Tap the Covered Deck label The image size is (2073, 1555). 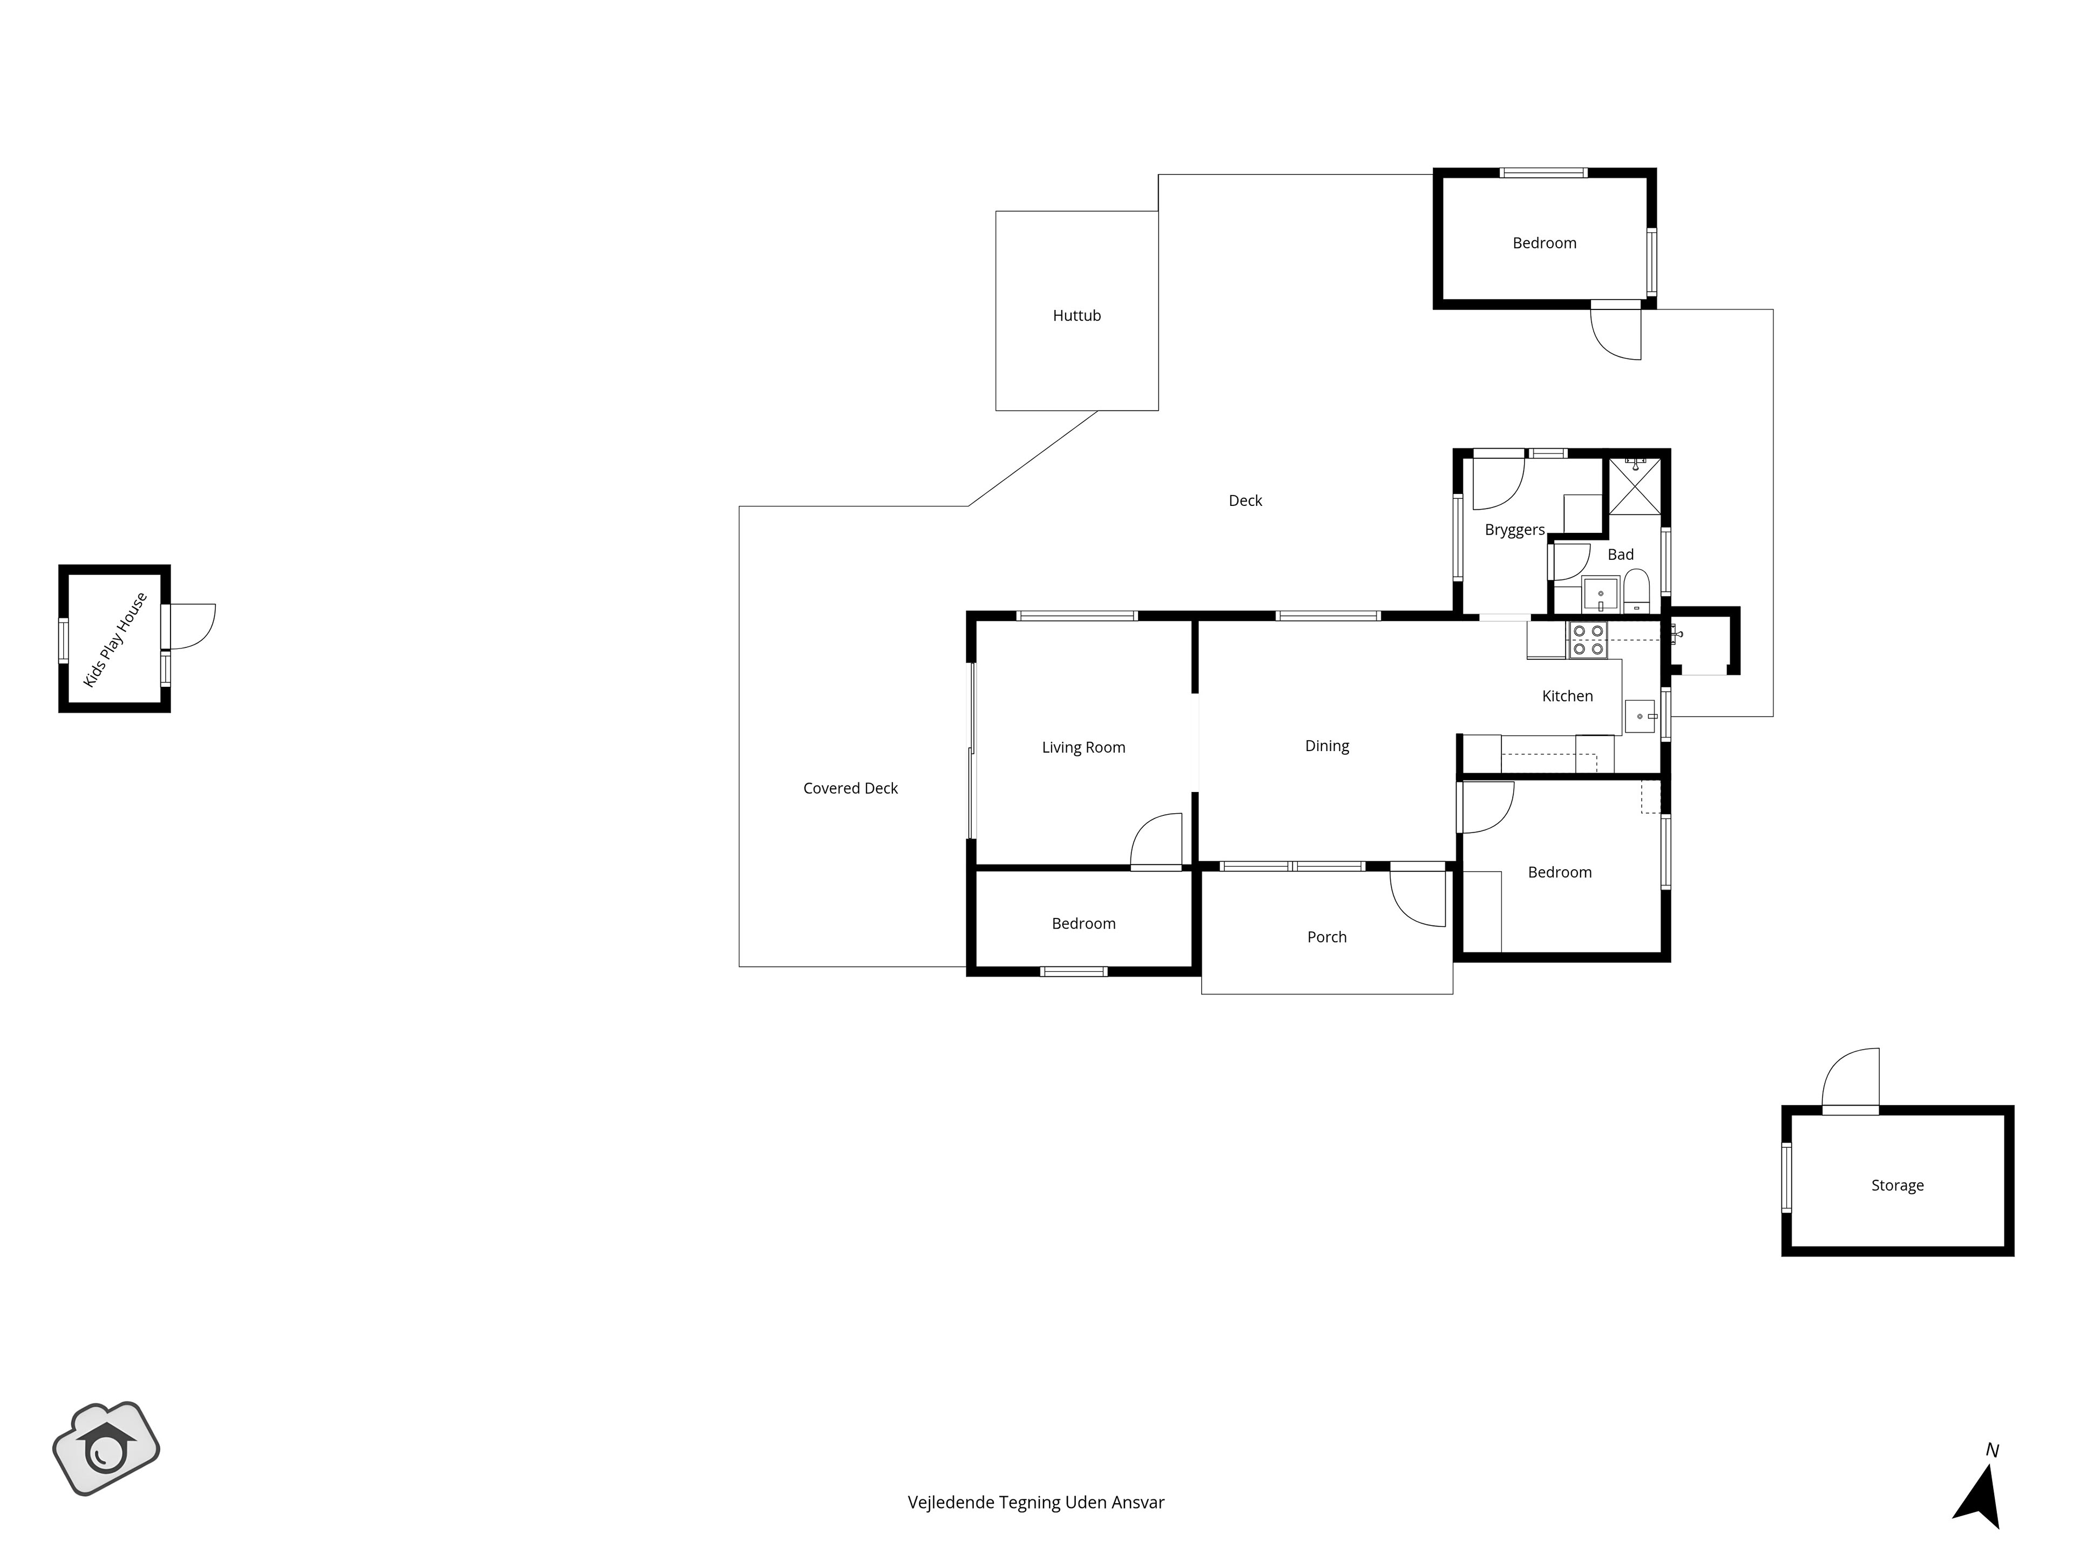coord(850,788)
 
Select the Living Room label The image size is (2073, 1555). coord(1083,748)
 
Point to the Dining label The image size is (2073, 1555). coord(1327,746)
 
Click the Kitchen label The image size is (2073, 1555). coord(1567,695)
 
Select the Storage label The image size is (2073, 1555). coord(1897,1186)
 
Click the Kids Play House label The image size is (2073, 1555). coord(116,639)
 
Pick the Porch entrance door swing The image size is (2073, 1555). coord(1418,898)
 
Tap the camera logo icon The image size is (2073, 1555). coord(106,1448)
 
